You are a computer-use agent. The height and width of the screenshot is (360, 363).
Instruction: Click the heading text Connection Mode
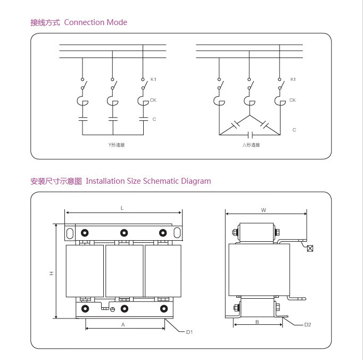click(x=95, y=22)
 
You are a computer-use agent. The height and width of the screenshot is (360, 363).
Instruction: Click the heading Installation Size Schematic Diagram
click(x=148, y=181)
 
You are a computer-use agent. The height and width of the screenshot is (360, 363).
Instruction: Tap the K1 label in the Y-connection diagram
click(x=153, y=79)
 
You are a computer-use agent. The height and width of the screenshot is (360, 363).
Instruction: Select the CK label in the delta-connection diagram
click(x=292, y=100)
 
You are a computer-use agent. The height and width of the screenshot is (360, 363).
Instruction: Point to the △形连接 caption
click(x=251, y=145)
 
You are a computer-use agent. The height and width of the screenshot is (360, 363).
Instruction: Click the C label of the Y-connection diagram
click(x=154, y=119)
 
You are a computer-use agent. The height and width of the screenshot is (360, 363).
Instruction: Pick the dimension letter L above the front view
click(x=122, y=208)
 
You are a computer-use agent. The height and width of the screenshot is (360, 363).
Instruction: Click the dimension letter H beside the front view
click(x=52, y=273)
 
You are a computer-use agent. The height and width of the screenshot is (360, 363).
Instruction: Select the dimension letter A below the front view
click(x=123, y=324)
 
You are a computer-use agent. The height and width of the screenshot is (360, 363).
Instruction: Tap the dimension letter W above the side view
click(x=263, y=210)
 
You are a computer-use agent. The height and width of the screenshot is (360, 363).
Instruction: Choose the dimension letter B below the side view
click(x=257, y=322)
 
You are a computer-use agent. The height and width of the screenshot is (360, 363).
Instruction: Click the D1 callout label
click(x=189, y=332)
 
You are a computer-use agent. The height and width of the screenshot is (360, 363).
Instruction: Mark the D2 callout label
click(x=307, y=325)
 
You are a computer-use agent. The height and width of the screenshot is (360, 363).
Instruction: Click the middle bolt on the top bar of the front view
click(x=124, y=233)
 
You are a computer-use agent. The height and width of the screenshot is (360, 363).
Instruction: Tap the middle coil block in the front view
click(x=124, y=271)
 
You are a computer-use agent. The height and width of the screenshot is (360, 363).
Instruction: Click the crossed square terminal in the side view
click(x=310, y=248)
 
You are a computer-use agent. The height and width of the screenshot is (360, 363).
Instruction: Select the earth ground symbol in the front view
click(x=112, y=309)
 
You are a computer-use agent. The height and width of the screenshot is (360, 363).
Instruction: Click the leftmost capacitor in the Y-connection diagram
click(x=82, y=118)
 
